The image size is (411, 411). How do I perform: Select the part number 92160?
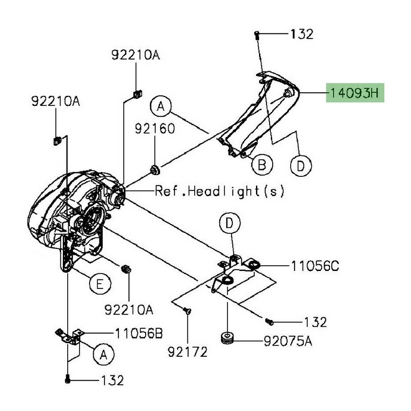(x=156, y=130)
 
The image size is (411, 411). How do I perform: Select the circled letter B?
(x=262, y=164)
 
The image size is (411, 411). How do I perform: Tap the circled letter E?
(x=97, y=285)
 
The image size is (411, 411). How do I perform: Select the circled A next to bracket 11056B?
(x=103, y=354)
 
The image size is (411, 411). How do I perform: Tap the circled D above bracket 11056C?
(x=230, y=222)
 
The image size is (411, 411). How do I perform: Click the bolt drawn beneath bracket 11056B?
(x=67, y=379)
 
